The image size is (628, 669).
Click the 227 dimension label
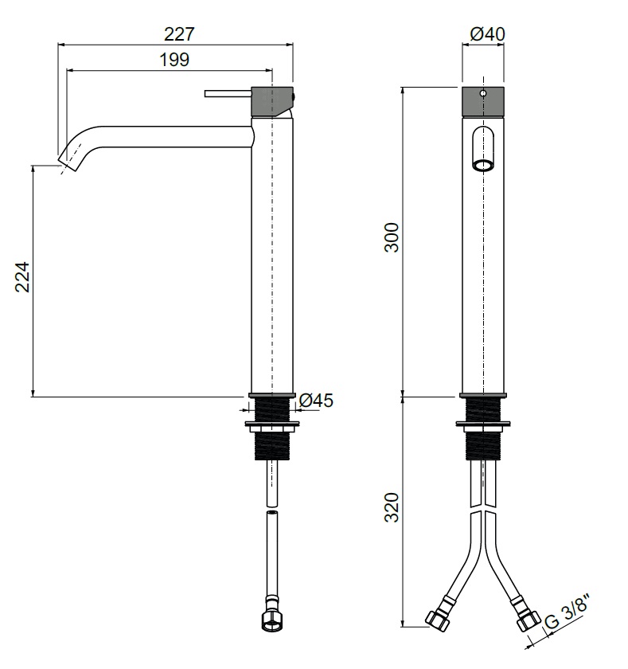pyautogui.click(x=179, y=34)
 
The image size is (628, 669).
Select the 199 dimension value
pyautogui.click(x=174, y=60)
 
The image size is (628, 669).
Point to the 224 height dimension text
pyautogui.click(x=22, y=277)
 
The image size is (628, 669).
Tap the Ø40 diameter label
pyautogui.click(x=487, y=34)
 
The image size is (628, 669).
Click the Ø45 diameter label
pyautogui.click(x=316, y=400)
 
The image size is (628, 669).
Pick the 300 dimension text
pyautogui.click(x=392, y=237)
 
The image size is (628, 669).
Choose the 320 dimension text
pyautogui.click(x=392, y=507)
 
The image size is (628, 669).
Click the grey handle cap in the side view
pyautogui.click(x=272, y=102)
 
